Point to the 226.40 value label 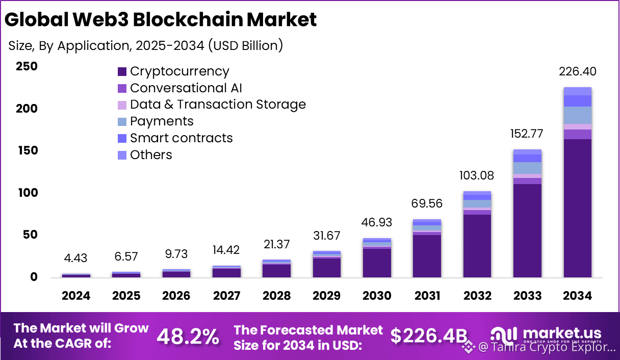(x=578, y=72)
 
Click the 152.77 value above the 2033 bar (x=527, y=134)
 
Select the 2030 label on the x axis (x=377, y=296)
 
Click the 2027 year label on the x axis (x=226, y=296)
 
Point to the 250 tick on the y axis (x=27, y=67)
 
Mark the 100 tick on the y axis (x=27, y=193)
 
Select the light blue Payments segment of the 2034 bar (x=577, y=115)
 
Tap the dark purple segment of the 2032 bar (x=477, y=246)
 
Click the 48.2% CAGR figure (x=188, y=337)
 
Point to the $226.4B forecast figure (x=428, y=336)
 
